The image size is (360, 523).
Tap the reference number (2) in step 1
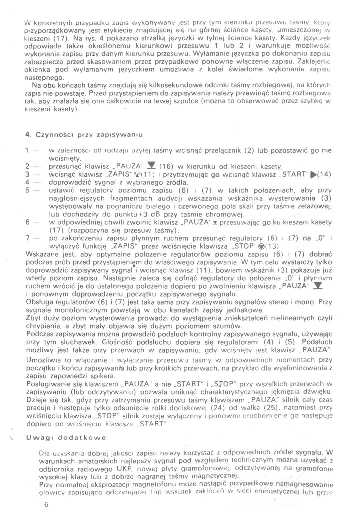250,150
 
